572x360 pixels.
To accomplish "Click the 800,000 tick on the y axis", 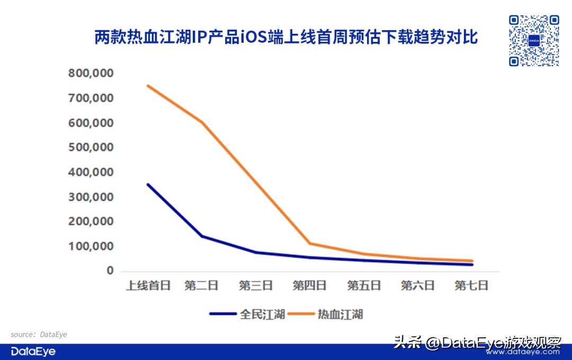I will [91, 74].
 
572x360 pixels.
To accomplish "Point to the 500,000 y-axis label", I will [91, 148].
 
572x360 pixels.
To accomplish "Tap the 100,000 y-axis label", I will [91, 247].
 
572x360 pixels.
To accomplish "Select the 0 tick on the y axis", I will [110, 271].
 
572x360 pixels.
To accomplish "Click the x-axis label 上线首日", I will [148, 286].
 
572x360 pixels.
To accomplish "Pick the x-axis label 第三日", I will [256, 286].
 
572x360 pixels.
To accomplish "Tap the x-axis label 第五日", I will [364, 286].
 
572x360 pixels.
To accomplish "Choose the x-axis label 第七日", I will [471, 286].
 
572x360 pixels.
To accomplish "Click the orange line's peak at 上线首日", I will [148, 85].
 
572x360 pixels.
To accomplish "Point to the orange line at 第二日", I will [202, 122].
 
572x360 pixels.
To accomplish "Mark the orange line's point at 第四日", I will [310, 244].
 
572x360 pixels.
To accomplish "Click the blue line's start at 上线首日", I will [148, 184].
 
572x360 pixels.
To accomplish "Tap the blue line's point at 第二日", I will [202, 236].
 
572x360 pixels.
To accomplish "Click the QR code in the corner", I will [534, 41].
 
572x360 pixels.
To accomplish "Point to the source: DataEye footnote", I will [39, 335].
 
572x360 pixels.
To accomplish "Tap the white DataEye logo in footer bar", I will [33, 352].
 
